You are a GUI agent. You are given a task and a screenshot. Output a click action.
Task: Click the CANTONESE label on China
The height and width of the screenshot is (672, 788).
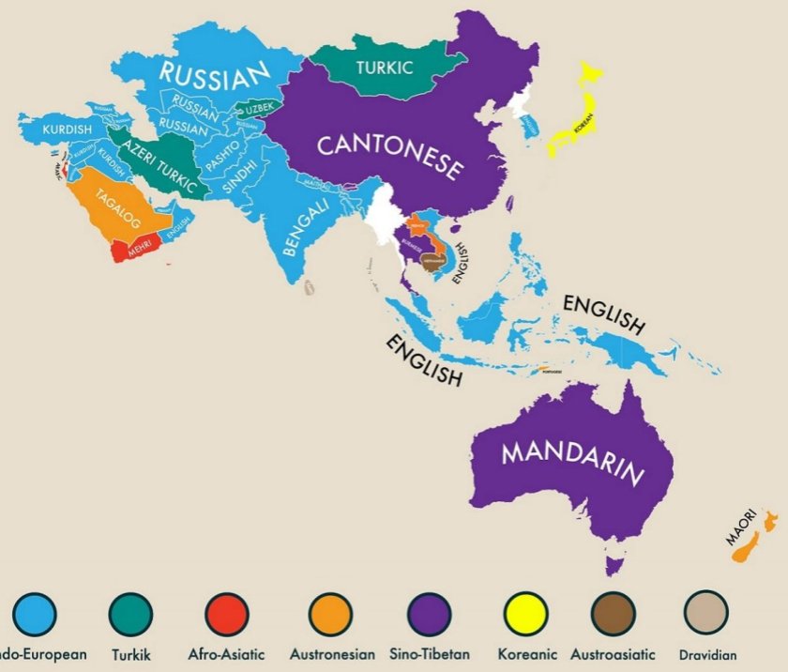pos(389,156)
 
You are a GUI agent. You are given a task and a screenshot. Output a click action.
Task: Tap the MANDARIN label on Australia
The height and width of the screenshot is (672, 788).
pos(572,462)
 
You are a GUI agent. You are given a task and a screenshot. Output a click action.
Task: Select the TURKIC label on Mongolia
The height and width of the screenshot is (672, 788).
pos(384,68)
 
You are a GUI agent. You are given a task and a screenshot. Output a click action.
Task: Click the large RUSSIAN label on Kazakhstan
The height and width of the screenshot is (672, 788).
pos(213,72)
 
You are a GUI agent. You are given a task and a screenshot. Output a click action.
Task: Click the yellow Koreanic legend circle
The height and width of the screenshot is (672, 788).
pos(524,614)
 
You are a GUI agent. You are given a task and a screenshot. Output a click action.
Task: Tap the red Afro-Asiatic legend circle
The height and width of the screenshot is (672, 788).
pos(225,614)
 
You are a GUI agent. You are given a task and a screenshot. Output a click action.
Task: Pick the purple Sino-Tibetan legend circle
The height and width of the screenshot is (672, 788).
pos(429,614)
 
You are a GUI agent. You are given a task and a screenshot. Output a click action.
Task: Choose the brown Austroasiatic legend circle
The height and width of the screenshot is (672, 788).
pos(614,614)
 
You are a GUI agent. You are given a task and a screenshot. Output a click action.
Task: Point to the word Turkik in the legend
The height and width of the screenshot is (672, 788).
pos(131,654)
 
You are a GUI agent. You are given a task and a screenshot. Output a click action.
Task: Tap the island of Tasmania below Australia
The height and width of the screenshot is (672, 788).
pos(614,564)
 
